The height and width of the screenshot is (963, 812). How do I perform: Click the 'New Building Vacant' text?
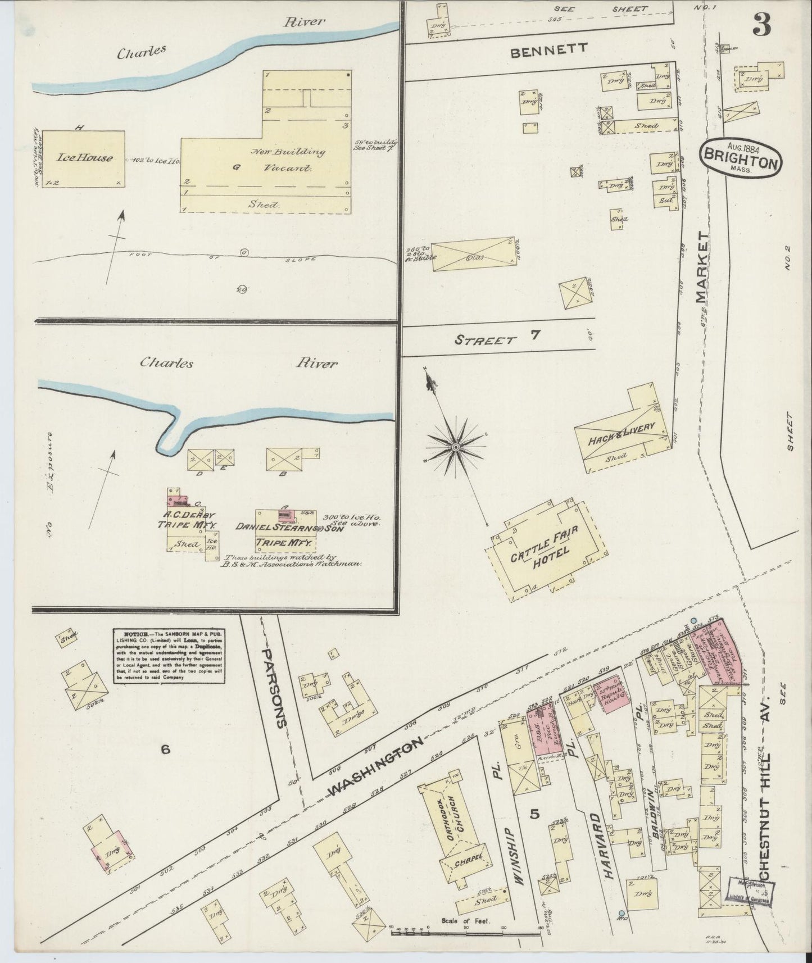pos(288,160)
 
